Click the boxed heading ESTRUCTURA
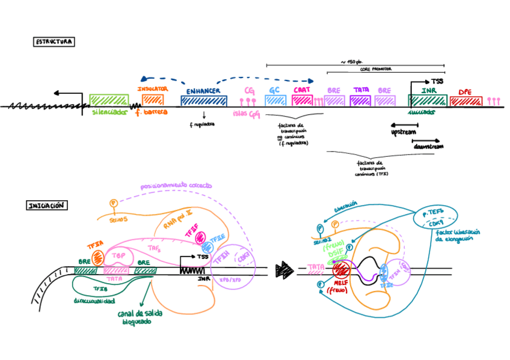tap(54, 42)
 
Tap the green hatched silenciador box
tap(109, 100)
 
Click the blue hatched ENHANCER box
tap(203, 100)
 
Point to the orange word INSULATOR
tap(152, 88)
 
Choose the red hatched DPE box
tap(465, 100)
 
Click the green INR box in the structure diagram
tap(427, 100)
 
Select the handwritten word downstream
tap(428, 147)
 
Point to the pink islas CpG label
tap(246, 113)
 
